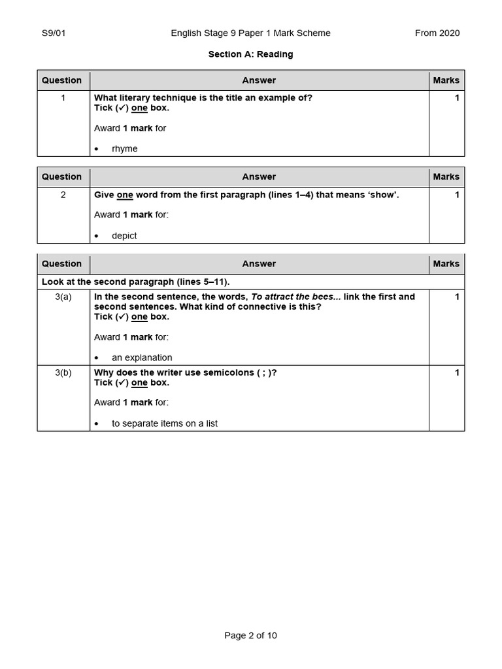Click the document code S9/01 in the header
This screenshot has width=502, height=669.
pyautogui.click(x=54, y=33)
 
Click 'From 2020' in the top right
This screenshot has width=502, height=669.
pyautogui.click(x=437, y=33)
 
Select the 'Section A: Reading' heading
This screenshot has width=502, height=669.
pyautogui.click(x=250, y=54)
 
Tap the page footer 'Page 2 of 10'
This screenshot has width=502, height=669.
pyautogui.click(x=250, y=635)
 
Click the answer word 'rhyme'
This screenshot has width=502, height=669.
pyautogui.click(x=125, y=148)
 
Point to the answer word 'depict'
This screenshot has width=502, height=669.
pyautogui.click(x=124, y=235)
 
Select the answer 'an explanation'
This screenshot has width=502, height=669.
pyautogui.click(x=142, y=357)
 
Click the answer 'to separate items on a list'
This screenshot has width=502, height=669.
pyautogui.click(x=165, y=423)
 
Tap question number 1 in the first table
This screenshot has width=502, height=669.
pyautogui.click(x=63, y=98)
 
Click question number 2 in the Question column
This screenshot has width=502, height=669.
pyautogui.click(x=63, y=195)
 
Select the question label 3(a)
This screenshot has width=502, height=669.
pyautogui.click(x=63, y=297)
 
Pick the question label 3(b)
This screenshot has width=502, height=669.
pyautogui.click(x=63, y=372)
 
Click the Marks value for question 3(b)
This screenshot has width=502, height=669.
pyautogui.click(x=457, y=372)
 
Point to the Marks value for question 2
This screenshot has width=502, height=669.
pyautogui.click(x=457, y=195)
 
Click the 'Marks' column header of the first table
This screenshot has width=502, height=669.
pyautogui.click(x=446, y=80)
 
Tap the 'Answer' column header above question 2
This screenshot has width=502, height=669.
pyautogui.click(x=259, y=176)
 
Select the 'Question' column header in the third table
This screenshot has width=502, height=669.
pyautogui.click(x=61, y=263)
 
